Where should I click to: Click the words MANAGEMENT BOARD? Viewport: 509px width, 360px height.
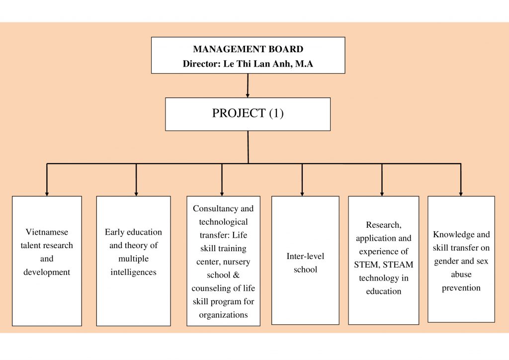click(248, 49)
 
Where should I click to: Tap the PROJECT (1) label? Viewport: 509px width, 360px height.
click(248, 113)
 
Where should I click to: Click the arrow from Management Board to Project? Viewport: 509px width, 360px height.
click(248, 86)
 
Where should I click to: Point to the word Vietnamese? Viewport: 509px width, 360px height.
click(47, 232)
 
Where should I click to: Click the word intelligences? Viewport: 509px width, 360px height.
click(133, 272)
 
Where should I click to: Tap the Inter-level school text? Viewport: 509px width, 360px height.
click(305, 263)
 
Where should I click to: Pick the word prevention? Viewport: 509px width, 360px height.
click(461, 288)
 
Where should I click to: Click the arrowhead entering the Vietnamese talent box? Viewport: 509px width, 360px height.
click(47, 194)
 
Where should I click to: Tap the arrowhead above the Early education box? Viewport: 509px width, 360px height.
click(136, 194)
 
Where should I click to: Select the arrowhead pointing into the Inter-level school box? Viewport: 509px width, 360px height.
click(302, 194)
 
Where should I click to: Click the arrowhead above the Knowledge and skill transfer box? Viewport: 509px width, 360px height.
click(461, 194)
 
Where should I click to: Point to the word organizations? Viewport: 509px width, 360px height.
click(223, 315)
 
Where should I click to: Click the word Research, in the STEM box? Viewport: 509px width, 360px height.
click(383, 225)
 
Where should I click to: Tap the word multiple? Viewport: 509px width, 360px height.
click(133, 259)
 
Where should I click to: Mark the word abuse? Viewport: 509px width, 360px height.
click(461, 274)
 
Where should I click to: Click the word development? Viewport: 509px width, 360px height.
click(47, 272)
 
